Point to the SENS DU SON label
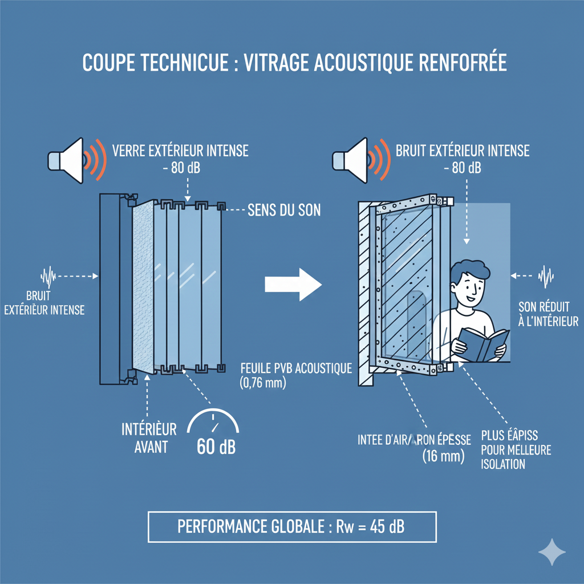coord(284,210)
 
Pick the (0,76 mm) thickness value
coord(263,383)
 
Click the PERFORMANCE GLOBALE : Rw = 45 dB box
coord(291,526)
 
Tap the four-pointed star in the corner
coord(552,552)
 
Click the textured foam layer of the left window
coord(142,285)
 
